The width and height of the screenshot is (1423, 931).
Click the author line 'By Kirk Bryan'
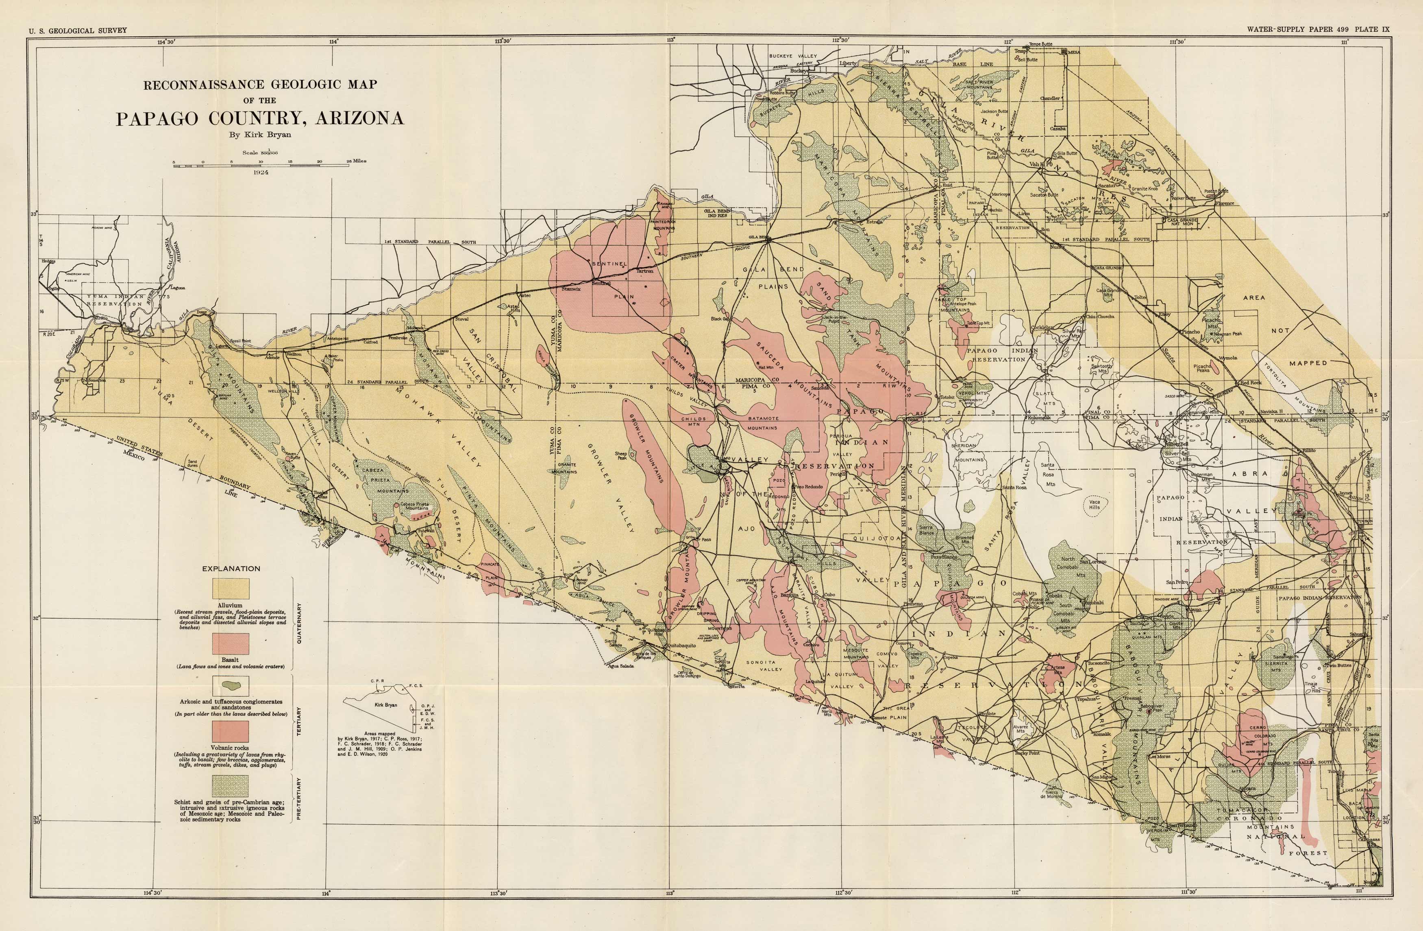coord(260,135)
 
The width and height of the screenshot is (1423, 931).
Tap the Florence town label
coord(1225,203)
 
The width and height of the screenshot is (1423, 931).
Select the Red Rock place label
coord(1250,383)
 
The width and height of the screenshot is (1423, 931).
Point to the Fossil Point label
coord(240,341)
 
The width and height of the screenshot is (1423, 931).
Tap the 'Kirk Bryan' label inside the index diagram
coord(386,705)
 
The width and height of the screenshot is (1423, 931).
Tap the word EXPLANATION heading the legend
coord(231,569)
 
